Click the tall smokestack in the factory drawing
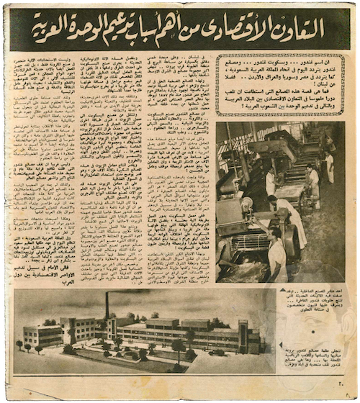pos(107,306)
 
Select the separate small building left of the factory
pos(42,334)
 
